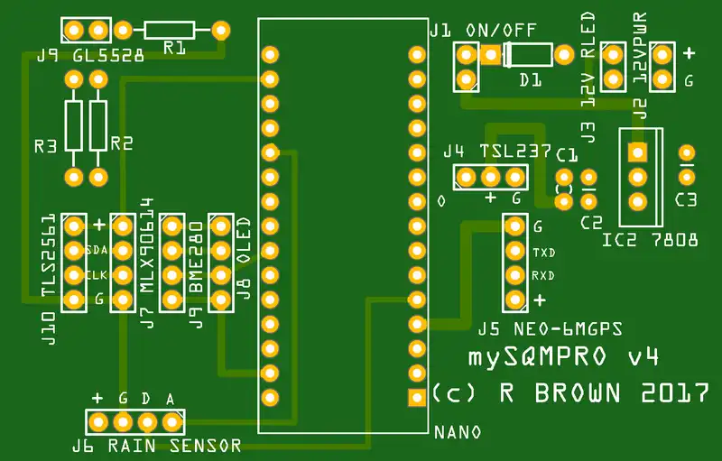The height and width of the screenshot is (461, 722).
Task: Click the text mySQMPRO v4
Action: point(562,357)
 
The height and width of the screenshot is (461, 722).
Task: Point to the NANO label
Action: point(457,432)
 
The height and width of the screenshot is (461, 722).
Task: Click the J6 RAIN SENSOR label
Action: point(156,445)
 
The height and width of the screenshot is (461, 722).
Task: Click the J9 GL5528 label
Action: point(90,55)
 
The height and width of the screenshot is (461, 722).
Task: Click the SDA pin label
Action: point(97,249)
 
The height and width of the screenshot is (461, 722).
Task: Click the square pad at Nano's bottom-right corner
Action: point(416,396)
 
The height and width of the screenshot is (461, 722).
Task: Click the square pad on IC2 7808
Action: point(637,153)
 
